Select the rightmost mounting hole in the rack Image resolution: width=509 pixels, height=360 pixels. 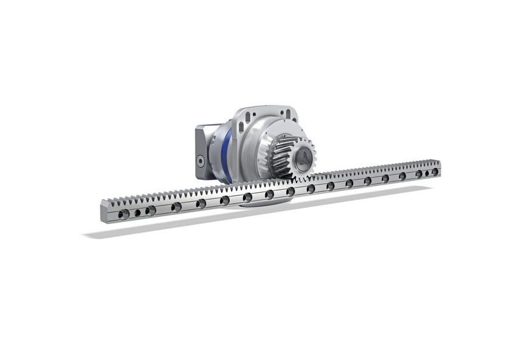click(435, 172)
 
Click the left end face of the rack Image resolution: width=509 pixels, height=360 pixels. click(104, 212)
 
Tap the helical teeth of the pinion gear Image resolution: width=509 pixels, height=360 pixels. click(283, 156)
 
